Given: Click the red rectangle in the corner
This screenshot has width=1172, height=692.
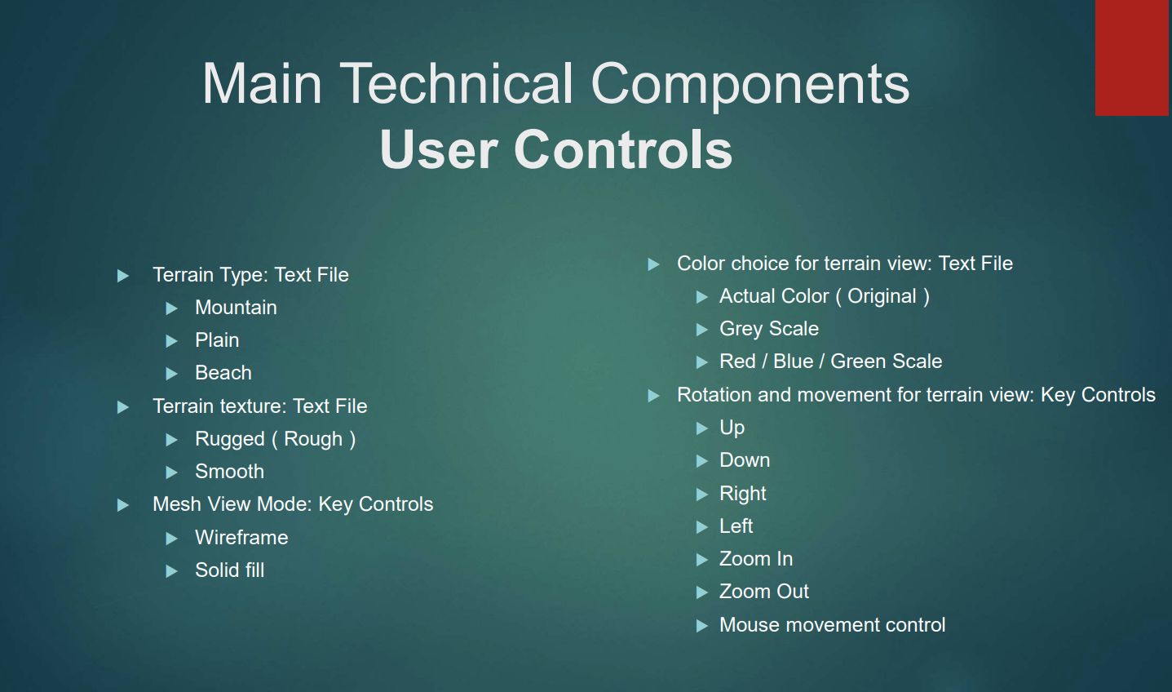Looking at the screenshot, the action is pyautogui.click(x=1132, y=58).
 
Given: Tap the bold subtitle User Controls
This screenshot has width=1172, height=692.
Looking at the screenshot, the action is pyautogui.click(x=555, y=149).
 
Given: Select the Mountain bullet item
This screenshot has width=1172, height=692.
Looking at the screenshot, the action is pyautogui.click(x=236, y=308).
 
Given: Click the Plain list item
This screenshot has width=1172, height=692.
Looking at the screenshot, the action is pyautogui.click(x=217, y=340).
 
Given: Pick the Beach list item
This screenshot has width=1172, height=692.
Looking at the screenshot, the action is pyautogui.click(x=223, y=373).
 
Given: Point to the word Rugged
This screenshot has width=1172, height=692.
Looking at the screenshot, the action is pyautogui.click(x=230, y=440).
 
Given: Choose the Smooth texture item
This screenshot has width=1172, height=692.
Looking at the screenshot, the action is pyautogui.click(x=230, y=472).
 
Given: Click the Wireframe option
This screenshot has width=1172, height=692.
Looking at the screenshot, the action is pyautogui.click(x=241, y=538).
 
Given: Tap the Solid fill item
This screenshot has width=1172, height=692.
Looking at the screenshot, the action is pyautogui.click(x=230, y=570).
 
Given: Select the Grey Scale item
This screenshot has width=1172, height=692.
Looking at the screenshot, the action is pyautogui.click(x=769, y=329).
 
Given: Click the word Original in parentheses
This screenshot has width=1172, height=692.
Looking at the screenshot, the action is pyautogui.click(x=882, y=297).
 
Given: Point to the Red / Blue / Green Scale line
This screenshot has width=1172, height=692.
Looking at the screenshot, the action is pyautogui.click(x=831, y=362).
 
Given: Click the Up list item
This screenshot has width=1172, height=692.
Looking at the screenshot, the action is pyautogui.click(x=732, y=428).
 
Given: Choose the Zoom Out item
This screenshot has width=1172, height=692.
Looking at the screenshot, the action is pyautogui.click(x=764, y=592).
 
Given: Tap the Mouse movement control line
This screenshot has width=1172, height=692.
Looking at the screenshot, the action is pyautogui.click(x=833, y=625).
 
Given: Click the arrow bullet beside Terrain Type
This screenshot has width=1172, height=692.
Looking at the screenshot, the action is pyautogui.click(x=123, y=275).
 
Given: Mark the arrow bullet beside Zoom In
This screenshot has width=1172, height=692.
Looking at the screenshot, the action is pyautogui.click(x=702, y=560).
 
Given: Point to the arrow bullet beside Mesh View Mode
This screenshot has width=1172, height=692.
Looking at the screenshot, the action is pyautogui.click(x=123, y=505).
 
